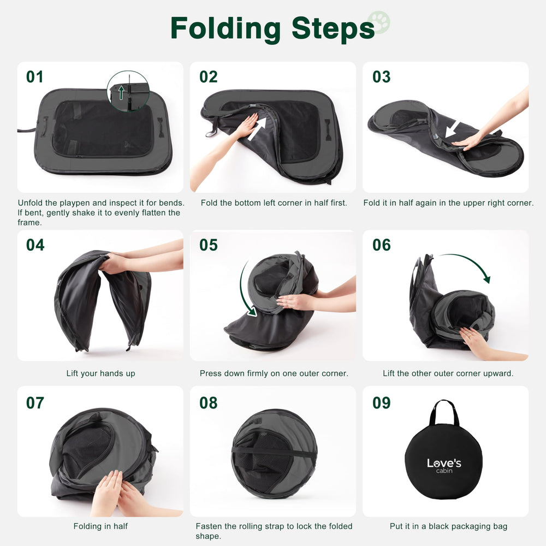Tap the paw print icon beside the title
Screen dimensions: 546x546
379,22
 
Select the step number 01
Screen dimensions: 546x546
35,77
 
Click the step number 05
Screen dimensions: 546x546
208,245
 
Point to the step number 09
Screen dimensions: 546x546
381,403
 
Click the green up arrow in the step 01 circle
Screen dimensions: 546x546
121,93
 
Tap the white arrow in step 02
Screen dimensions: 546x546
257,128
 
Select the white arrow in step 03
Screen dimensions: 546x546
452,129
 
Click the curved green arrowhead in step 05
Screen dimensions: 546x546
252,311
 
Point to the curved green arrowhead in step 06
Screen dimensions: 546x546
486,278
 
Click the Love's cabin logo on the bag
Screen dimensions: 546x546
444,466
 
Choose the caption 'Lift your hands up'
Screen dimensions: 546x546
100,373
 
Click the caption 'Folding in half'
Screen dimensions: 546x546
100,526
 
